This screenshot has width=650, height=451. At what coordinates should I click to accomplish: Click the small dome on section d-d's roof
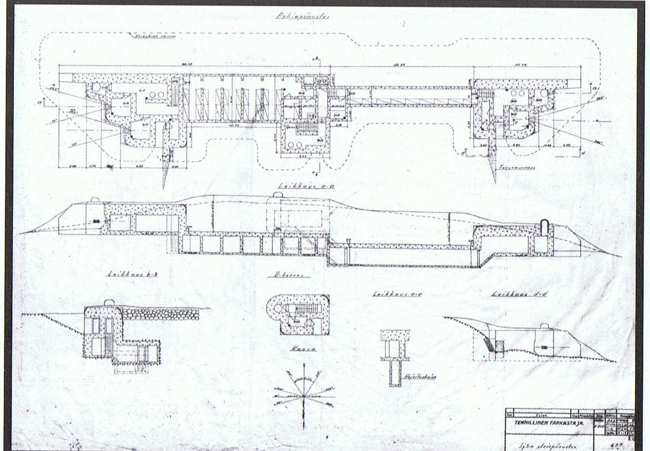[x=546, y=327]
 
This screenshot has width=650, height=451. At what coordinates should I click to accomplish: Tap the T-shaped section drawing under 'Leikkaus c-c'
[x=395, y=357]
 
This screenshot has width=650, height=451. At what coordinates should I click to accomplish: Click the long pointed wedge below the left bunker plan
[x=166, y=165]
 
